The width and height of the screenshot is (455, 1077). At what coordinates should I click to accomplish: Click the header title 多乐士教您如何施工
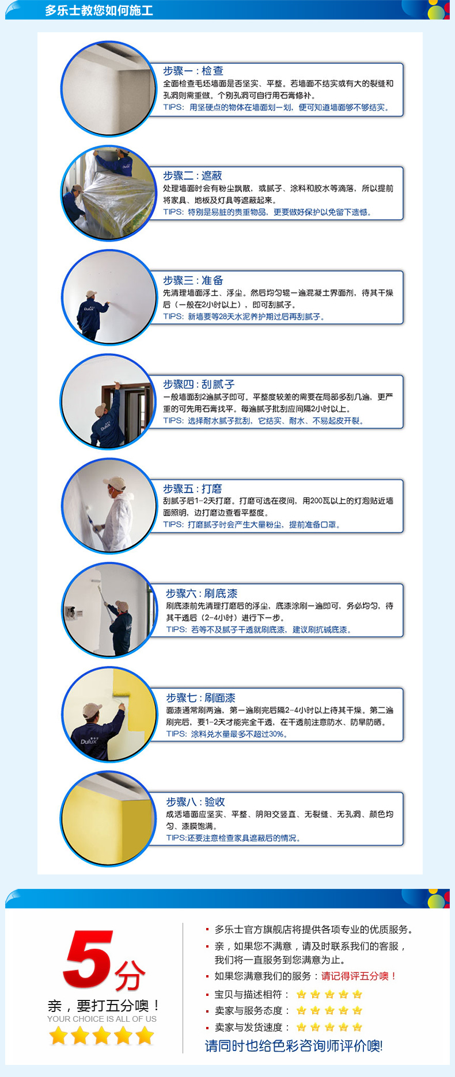[99, 10]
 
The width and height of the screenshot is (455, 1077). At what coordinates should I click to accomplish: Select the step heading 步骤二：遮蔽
[192, 175]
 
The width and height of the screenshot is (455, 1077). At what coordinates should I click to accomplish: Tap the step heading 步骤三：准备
[193, 280]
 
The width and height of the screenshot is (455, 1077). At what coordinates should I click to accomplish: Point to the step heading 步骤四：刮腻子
[199, 384]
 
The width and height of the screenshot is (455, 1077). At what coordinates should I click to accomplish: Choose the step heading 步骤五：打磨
[192, 488]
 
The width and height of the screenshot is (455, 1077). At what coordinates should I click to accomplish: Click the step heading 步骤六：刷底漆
[202, 593]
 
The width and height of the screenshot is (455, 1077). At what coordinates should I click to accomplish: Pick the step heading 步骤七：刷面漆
[201, 698]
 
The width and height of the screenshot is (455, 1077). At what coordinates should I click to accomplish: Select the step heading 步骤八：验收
[195, 802]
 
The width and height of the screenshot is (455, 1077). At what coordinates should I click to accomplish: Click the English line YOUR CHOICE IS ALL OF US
[102, 1019]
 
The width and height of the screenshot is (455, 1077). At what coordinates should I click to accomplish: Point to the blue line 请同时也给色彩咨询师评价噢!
[294, 1045]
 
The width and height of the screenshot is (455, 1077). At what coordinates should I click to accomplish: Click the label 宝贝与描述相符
[249, 994]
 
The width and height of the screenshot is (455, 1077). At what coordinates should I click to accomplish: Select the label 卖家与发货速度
[249, 1027]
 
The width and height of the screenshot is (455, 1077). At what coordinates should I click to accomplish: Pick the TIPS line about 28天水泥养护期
[244, 316]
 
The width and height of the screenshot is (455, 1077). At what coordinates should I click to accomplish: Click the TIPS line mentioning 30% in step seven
[226, 734]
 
